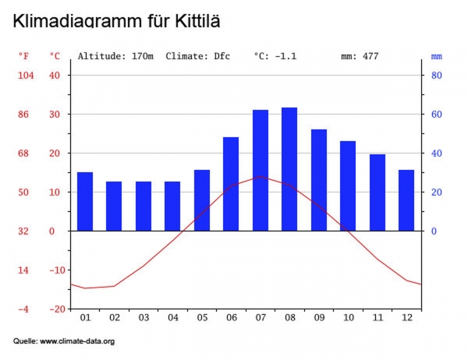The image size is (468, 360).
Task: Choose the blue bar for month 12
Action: click(406, 200)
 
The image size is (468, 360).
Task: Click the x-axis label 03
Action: click(144, 318)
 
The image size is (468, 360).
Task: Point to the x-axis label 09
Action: click(319, 318)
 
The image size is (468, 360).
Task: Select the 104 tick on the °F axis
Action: click(26, 76)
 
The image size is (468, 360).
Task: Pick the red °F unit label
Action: click(25, 56)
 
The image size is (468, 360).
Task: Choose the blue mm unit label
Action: click(436, 56)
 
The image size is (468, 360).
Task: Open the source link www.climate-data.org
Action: click(77, 341)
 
